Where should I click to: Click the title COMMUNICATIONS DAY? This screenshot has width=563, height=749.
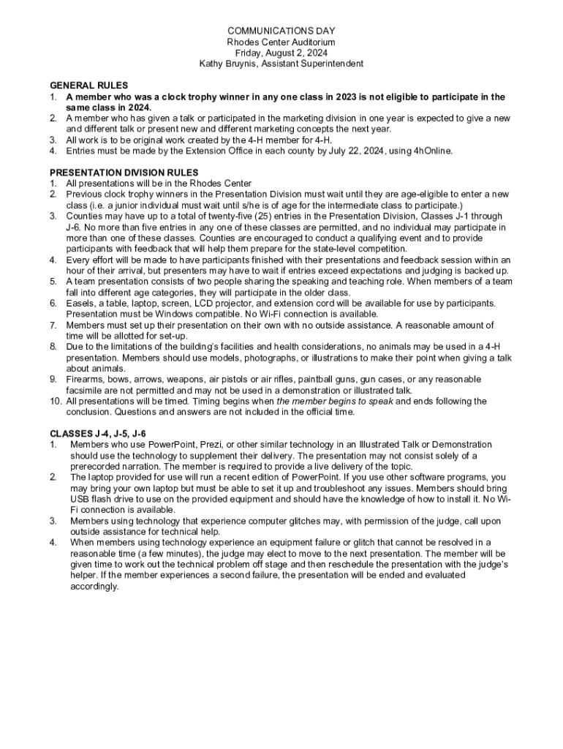(x=281, y=31)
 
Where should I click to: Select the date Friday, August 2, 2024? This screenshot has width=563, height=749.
(x=281, y=53)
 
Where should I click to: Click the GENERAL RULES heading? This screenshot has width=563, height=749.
(x=88, y=86)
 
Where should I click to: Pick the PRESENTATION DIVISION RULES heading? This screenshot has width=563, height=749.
(x=124, y=173)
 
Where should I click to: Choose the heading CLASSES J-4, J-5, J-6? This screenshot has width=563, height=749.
(x=97, y=434)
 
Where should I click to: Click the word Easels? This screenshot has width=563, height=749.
(x=81, y=303)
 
